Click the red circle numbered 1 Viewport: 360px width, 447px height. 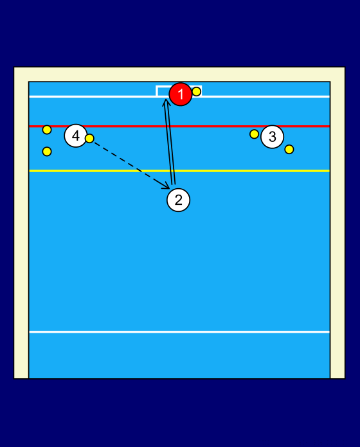(x=180, y=94)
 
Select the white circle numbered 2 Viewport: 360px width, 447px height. (x=178, y=200)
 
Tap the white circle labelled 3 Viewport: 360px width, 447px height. (x=273, y=137)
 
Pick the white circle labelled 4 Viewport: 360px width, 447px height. (x=76, y=136)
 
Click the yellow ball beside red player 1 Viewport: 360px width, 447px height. (x=196, y=91)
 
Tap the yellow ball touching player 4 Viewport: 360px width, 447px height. (x=89, y=139)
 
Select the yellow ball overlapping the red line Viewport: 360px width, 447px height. (x=47, y=130)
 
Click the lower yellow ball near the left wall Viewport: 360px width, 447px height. (x=47, y=152)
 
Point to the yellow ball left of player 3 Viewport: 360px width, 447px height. (x=254, y=134)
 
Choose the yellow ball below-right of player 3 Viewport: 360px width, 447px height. (x=289, y=150)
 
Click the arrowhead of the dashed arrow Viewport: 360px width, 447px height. (x=167, y=186)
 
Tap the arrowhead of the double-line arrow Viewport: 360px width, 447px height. (x=166, y=102)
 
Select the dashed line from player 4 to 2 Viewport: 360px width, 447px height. (x=130, y=164)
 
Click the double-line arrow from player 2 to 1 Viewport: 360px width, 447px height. (x=170, y=142)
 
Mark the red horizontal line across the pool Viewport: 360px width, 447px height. (x=179, y=126)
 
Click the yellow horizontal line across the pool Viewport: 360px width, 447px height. (x=179, y=171)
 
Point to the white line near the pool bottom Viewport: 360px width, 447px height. (x=179, y=332)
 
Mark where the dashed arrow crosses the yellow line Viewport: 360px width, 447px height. (x=142, y=171)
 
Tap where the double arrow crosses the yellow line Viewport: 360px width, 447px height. (x=172, y=171)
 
